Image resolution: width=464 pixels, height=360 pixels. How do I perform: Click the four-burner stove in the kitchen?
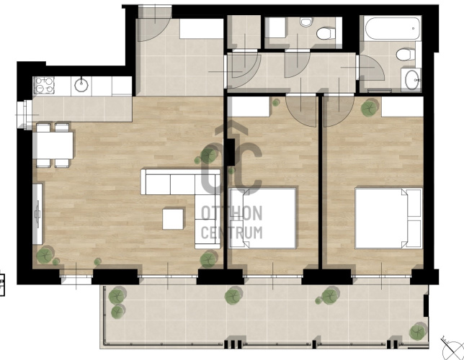[x=44, y=85]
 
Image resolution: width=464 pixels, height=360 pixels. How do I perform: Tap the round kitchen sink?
[x=81, y=85]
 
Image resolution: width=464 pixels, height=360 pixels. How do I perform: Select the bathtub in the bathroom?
[x=393, y=28]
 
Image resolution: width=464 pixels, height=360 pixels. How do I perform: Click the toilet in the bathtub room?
[x=406, y=55]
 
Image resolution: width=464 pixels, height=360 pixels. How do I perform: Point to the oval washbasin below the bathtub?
[x=411, y=80]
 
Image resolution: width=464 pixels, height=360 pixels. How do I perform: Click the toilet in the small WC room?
[x=326, y=33]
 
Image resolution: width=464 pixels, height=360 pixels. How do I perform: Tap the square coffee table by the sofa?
[x=173, y=219]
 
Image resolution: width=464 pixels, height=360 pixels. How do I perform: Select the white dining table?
[x=53, y=145]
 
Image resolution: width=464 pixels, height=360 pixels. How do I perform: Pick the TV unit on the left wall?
[x=37, y=214]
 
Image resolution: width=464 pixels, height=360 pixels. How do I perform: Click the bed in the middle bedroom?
[x=263, y=218]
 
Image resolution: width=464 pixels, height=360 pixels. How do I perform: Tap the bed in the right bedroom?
[x=388, y=218]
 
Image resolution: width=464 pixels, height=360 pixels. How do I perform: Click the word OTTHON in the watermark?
[x=232, y=214]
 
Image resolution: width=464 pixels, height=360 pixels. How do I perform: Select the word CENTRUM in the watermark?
[x=232, y=233]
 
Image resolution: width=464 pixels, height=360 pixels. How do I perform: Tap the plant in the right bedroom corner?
[x=370, y=108]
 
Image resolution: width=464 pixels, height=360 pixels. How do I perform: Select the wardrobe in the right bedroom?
[x=402, y=107]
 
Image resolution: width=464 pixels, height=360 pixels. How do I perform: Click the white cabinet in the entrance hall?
[x=201, y=29]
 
